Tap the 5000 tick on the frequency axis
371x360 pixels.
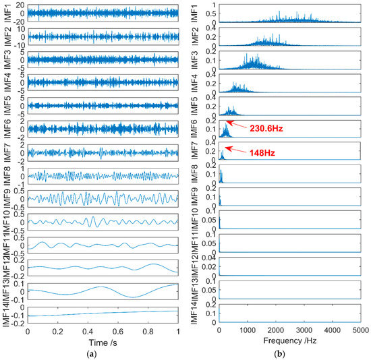[360, 332]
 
